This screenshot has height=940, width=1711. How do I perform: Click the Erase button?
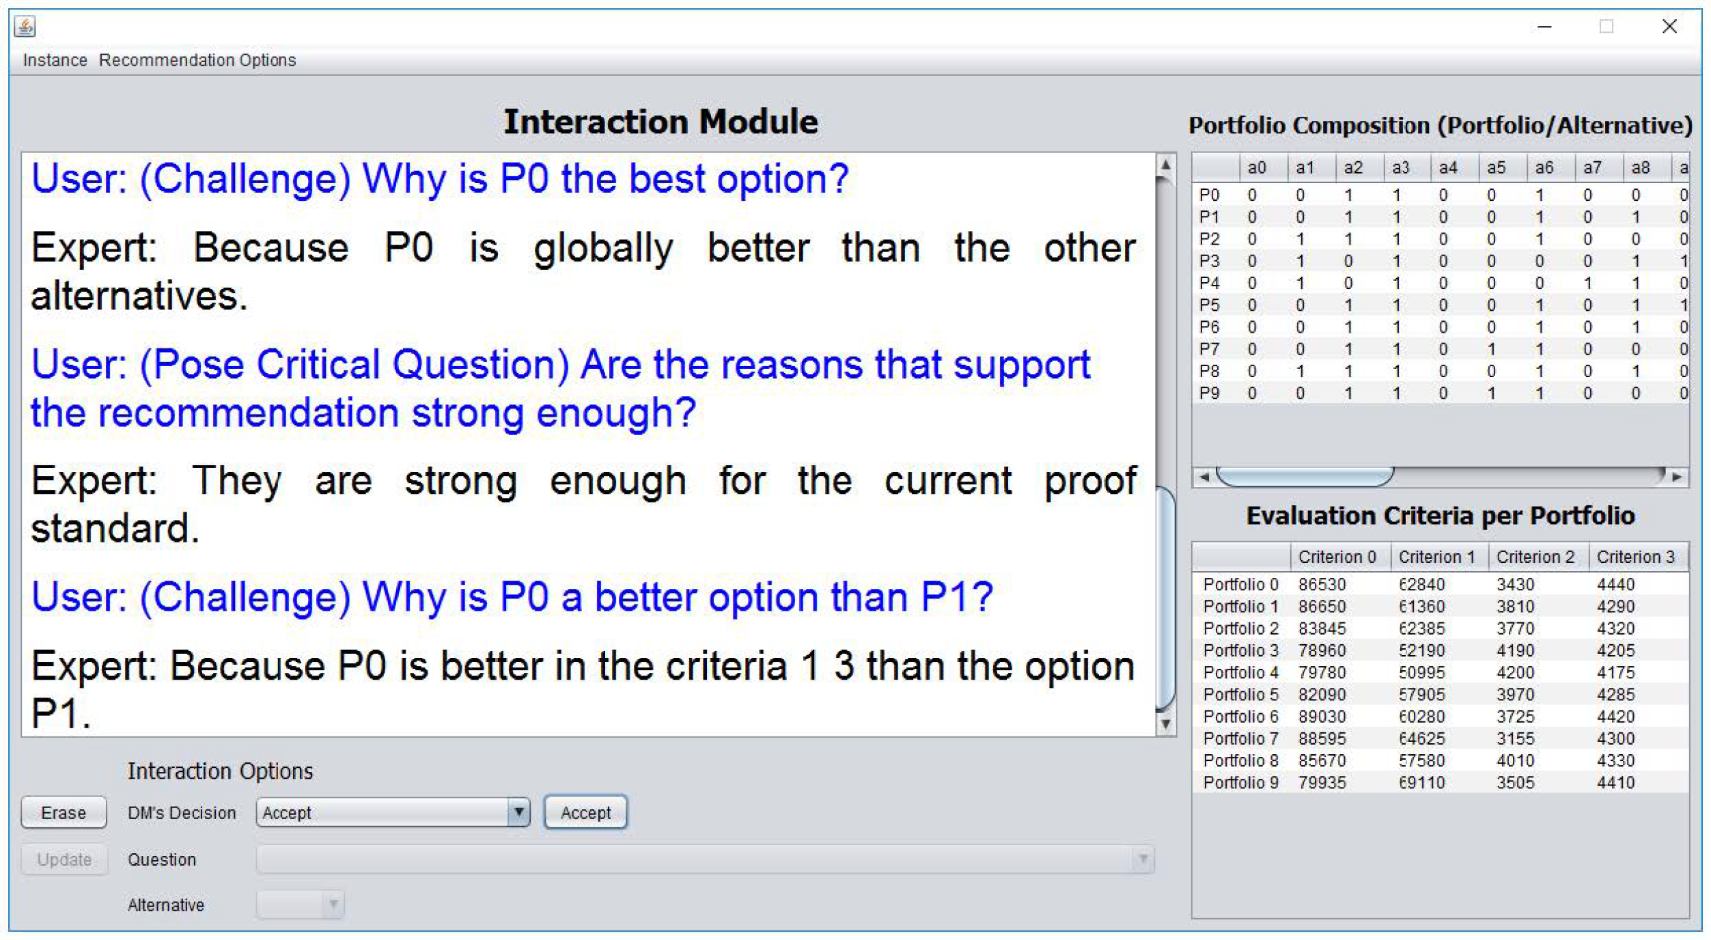coord(64,812)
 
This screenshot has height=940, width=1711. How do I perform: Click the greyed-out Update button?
coord(64,859)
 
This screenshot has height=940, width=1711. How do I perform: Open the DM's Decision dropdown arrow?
coord(519,812)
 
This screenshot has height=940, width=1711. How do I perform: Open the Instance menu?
coord(55,60)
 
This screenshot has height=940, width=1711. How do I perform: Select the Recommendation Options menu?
coord(197,60)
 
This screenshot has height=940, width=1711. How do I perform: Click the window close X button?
coord(1669,26)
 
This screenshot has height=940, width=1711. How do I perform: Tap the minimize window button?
coord(1545,27)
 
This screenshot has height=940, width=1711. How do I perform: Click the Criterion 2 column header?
coord(1535,557)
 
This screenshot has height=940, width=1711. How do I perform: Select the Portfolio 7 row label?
coord(1240,738)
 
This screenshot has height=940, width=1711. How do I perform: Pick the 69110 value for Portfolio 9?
coord(1422,782)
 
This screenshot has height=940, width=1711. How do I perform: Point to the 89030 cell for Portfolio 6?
coord(1322,717)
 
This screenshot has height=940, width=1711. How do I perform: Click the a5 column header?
coord(1496,168)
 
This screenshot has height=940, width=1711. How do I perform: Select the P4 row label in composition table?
coord(1209,283)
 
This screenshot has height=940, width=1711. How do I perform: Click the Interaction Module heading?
coord(660,122)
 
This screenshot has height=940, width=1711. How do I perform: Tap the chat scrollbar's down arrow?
coord(1165,724)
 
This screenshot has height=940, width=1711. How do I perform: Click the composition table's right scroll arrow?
coord(1677,477)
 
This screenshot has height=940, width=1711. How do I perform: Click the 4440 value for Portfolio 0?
coord(1616,585)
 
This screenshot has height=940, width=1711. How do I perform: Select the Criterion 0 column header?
coord(1337,557)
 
